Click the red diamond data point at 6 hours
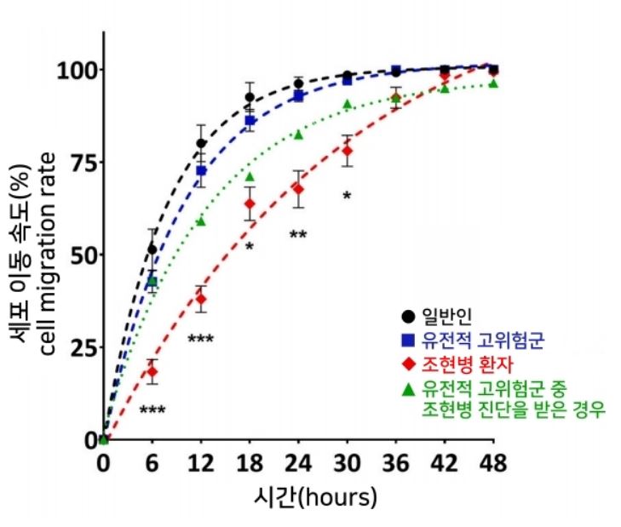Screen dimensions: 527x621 pyautogui.click(x=152, y=371)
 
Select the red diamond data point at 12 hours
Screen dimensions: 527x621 pyautogui.click(x=201, y=299)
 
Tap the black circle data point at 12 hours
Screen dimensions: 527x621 pyautogui.click(x=201, y=143)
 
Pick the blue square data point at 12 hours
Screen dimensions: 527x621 pyautogui.click(x=201, y=171)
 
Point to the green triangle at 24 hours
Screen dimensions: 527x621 pyautogui.click(x=299, y=134)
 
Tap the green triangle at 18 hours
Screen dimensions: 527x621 pyautogui.click(x=250, y=176)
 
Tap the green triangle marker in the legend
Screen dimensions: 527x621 pyautogui.click(x=409, y=390)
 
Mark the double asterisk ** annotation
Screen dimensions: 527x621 pyautogui.click(x=298, y=235)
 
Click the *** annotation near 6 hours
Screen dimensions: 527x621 pyautogui.click(x=152, y=410)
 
